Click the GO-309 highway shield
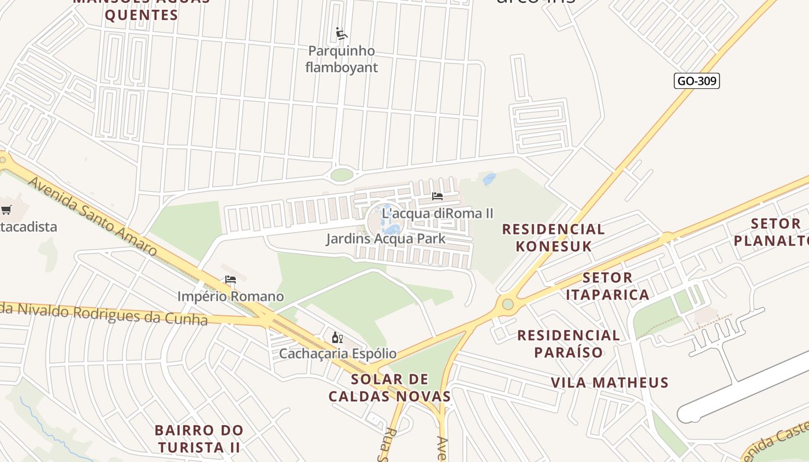pyautogui.click(x=696, y=81)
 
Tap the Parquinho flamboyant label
pyautogui.click(x=342, y=59)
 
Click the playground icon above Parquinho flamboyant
pyautogui.click(x=342, y=33)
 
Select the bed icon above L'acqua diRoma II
pyautogui.click(x=437, y=196)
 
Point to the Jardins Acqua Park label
pyautogui.click(x=385, y=239)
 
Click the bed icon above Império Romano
pyautogui.click(x=231, y=280)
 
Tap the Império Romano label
pyautogui.click(x=231, y=297)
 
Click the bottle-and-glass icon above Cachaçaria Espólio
pyautogui.click(x=337, y=337)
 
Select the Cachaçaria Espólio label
pyautogui.click(x=337, y=353)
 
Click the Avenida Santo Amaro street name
pyautogui.click(x=92, y=216)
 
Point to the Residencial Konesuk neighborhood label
pyautogui.click(x=553, y=237)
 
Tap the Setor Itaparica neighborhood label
pyautogui.click(x=607, y=286)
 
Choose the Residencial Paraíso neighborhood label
pyautogui.click(x=569, y=344)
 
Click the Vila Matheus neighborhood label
pyautogui.click(x=610, y=382)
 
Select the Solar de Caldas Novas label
pyautogui.click(x=389, y=388)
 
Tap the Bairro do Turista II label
pyautogui.click(x=199, y=439)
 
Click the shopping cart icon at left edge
pyautogui.click(x=6, y=210)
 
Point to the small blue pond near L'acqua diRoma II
pyautogui.click(x=489, y=179)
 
